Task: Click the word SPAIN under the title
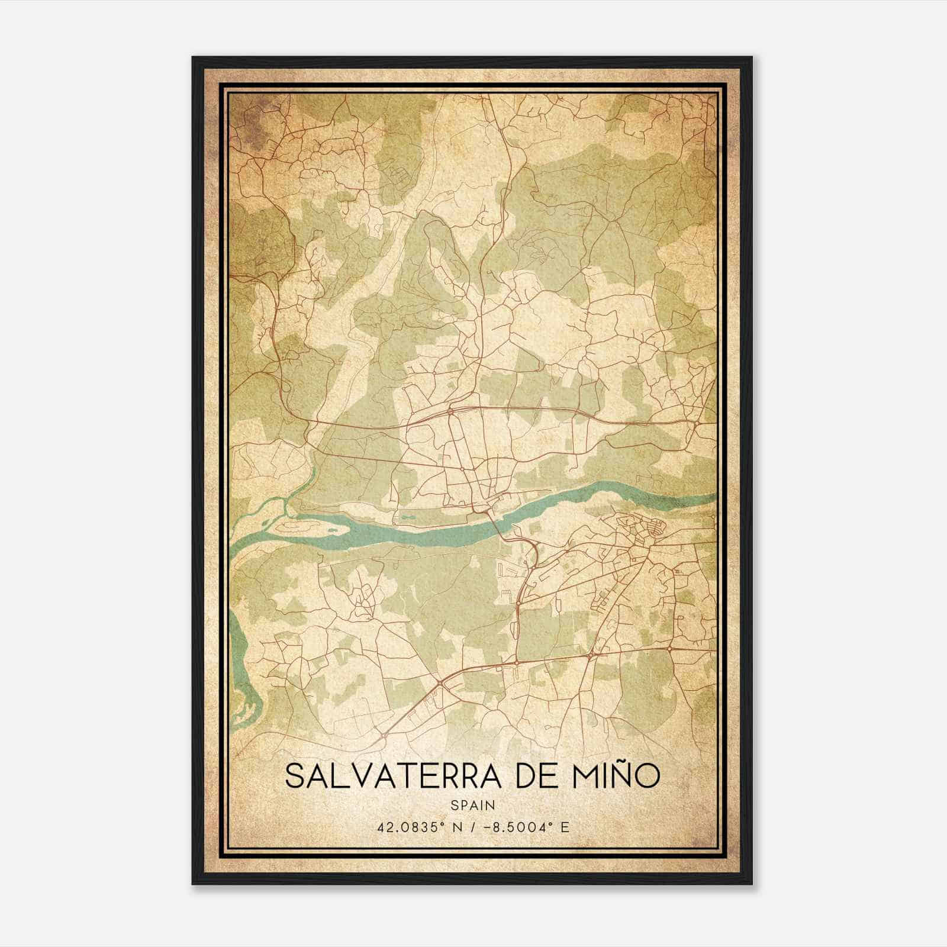(473, 806)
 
